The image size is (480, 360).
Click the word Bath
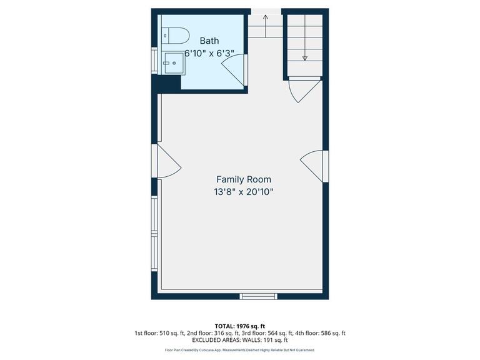pos(209,41)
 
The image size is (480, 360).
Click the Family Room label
pos(243,179)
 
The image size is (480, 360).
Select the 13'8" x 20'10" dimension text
pos(243,192)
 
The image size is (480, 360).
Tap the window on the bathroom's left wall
pos(154,61)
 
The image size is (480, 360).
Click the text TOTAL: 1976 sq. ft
pos(240,326)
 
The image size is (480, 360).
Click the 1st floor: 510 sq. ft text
pos(159,334)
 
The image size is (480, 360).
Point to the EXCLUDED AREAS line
pos(240,341)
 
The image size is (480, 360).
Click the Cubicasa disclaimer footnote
pos(240,351)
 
